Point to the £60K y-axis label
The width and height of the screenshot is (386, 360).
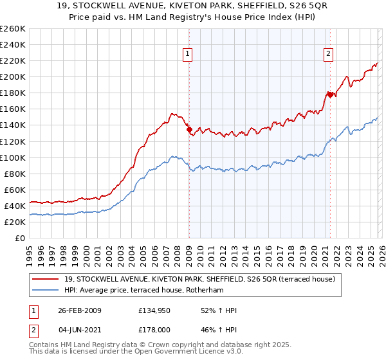click(14, 190)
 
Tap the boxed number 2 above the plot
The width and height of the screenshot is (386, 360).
click(329, 55)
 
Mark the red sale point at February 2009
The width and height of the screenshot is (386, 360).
click(189, 129)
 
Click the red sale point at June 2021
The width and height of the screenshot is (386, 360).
click(329, 94)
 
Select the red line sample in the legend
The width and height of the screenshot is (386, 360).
click(45, 279)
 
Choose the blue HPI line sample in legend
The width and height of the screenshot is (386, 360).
click(45, 290)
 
